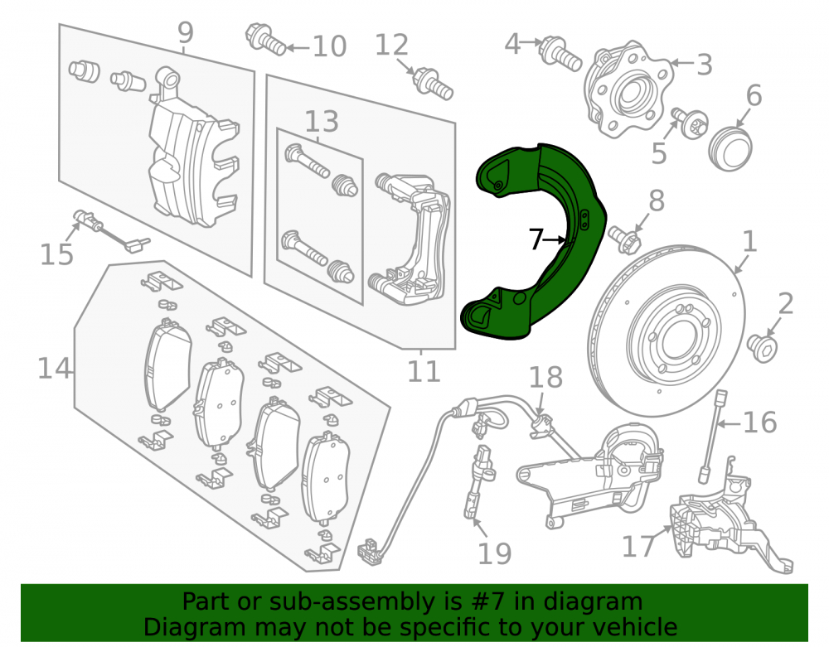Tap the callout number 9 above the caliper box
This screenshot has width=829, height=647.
[185, 33]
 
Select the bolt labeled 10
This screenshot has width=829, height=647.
[265, 39]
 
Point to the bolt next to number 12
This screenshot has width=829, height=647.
[433, 84]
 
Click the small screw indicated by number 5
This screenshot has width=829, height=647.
[690, 123]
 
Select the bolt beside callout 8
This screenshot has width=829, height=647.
[625, 239]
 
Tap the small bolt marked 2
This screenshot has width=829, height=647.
[763, 349]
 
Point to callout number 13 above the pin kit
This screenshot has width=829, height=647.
[322, 122]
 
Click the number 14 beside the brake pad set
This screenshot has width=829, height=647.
[54, 368]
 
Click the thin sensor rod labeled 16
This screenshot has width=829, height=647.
[711, 437]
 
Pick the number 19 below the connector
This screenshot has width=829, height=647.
[495, 553]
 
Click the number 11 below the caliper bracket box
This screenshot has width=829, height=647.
[424, 371]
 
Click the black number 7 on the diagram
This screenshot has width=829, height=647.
[536, 239]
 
